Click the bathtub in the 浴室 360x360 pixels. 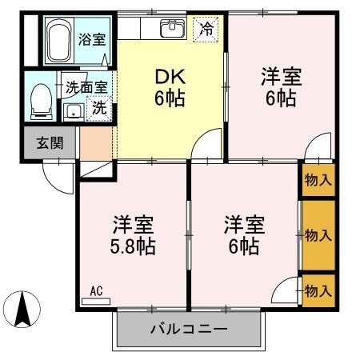(58, 40)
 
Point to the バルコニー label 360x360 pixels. (190, 330)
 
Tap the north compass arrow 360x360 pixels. (24, 307)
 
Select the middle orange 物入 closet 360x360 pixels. (318, 235)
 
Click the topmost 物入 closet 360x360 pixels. (318, 179)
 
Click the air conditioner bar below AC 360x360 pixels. (97, 302)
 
